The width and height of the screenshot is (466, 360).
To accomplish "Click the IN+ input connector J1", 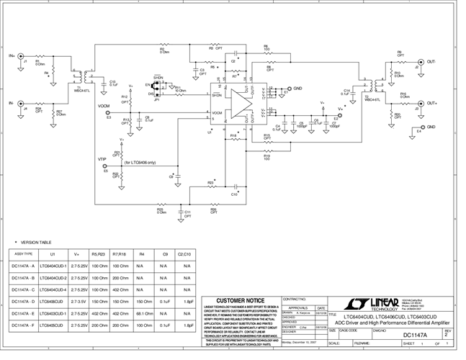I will (22, 55).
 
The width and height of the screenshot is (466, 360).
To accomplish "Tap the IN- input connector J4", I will (22, 104).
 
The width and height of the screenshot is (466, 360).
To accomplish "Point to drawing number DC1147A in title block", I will (416, 334).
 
